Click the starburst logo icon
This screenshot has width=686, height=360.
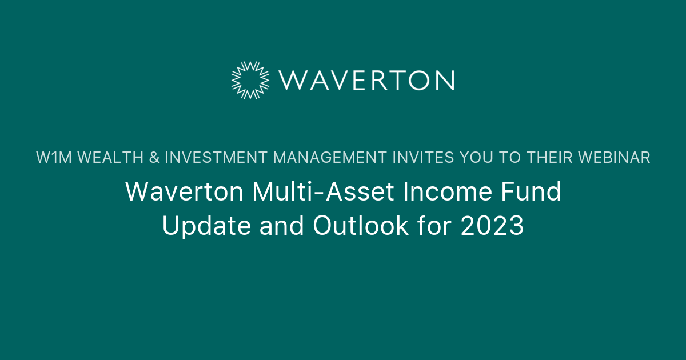coord(250,79)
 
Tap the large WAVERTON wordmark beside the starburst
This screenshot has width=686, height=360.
coord(366,80)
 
